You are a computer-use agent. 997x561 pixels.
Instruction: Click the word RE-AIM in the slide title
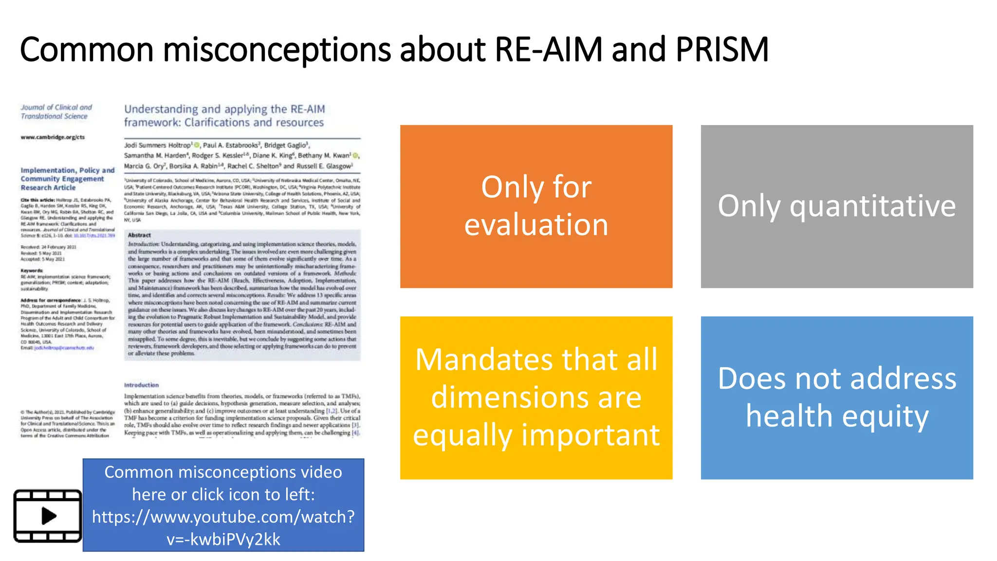548,50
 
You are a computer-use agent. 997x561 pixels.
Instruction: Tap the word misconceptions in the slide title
277,50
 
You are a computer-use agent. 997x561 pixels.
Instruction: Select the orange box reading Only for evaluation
536,206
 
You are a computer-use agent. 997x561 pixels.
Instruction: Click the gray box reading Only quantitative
836,206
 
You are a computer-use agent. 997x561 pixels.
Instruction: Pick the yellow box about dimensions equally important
536,398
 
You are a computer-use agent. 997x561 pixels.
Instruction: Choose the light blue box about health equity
836,398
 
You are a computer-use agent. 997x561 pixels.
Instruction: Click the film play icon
48,516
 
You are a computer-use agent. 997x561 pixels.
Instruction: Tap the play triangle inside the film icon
49,516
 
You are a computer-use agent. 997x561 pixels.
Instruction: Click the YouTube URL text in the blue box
223,527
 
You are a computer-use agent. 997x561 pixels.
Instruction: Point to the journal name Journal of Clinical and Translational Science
55,112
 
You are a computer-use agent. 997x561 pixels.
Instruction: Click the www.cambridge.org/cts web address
53,137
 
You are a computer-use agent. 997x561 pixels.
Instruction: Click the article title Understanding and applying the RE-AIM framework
224,116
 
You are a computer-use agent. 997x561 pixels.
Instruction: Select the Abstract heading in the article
139,235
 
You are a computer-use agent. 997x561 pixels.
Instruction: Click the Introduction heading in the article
141,385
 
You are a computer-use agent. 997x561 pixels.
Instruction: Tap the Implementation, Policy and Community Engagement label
67,179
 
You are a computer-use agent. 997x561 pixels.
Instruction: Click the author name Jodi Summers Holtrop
157,145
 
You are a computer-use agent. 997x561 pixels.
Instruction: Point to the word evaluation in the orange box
536,225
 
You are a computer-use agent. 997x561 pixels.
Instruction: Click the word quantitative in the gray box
872,206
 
